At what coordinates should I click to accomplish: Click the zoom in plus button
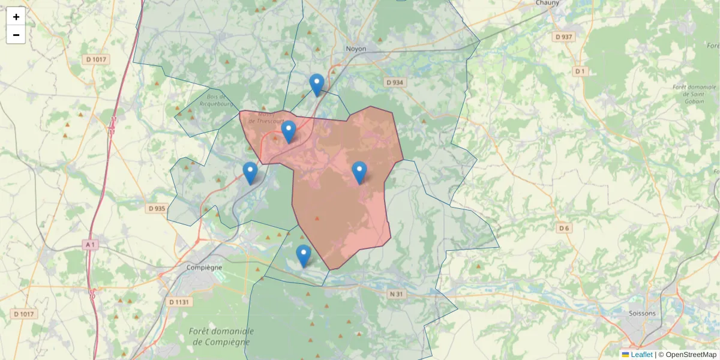16,17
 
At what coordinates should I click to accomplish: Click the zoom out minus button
16,35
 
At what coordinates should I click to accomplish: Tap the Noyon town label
356,49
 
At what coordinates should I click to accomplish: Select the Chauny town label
547,3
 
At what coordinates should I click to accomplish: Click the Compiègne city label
204,268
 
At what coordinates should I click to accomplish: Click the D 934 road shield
394,82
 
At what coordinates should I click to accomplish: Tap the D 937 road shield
564,37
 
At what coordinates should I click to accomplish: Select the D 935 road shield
156,208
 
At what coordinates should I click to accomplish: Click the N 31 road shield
395,293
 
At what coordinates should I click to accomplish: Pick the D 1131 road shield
179,302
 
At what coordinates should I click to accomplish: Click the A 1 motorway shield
90,245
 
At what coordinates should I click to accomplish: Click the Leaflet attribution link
641,355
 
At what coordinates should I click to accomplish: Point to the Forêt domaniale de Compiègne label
221,337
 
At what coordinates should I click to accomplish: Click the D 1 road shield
579,71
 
